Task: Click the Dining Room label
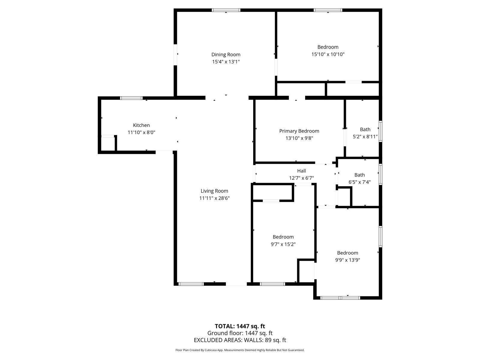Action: (226, 54)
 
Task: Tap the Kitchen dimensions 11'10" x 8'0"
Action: (141, 132)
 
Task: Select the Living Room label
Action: (214, 191)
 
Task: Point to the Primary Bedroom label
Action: (299, 131)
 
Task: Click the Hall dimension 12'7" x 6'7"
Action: (301, 178)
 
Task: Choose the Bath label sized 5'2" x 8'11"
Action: (365, 129)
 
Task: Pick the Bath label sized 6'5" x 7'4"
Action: (359, 175)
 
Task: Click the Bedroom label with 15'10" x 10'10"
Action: (328, 47)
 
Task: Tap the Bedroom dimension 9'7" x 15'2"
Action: (283, 244)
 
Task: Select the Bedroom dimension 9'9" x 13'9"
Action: (347, 260)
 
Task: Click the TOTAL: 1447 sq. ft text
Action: (240, 326)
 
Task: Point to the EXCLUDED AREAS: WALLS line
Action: (240, 340)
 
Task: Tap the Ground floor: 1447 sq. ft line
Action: (240, 333)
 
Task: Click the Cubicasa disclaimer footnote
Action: (240, 350)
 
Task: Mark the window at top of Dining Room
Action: (226, 10)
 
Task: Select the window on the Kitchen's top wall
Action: (131, 98)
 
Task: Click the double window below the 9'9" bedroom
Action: (340, 298)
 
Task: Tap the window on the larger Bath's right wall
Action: (380, 131)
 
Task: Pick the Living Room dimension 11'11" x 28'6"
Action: (214, 198)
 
